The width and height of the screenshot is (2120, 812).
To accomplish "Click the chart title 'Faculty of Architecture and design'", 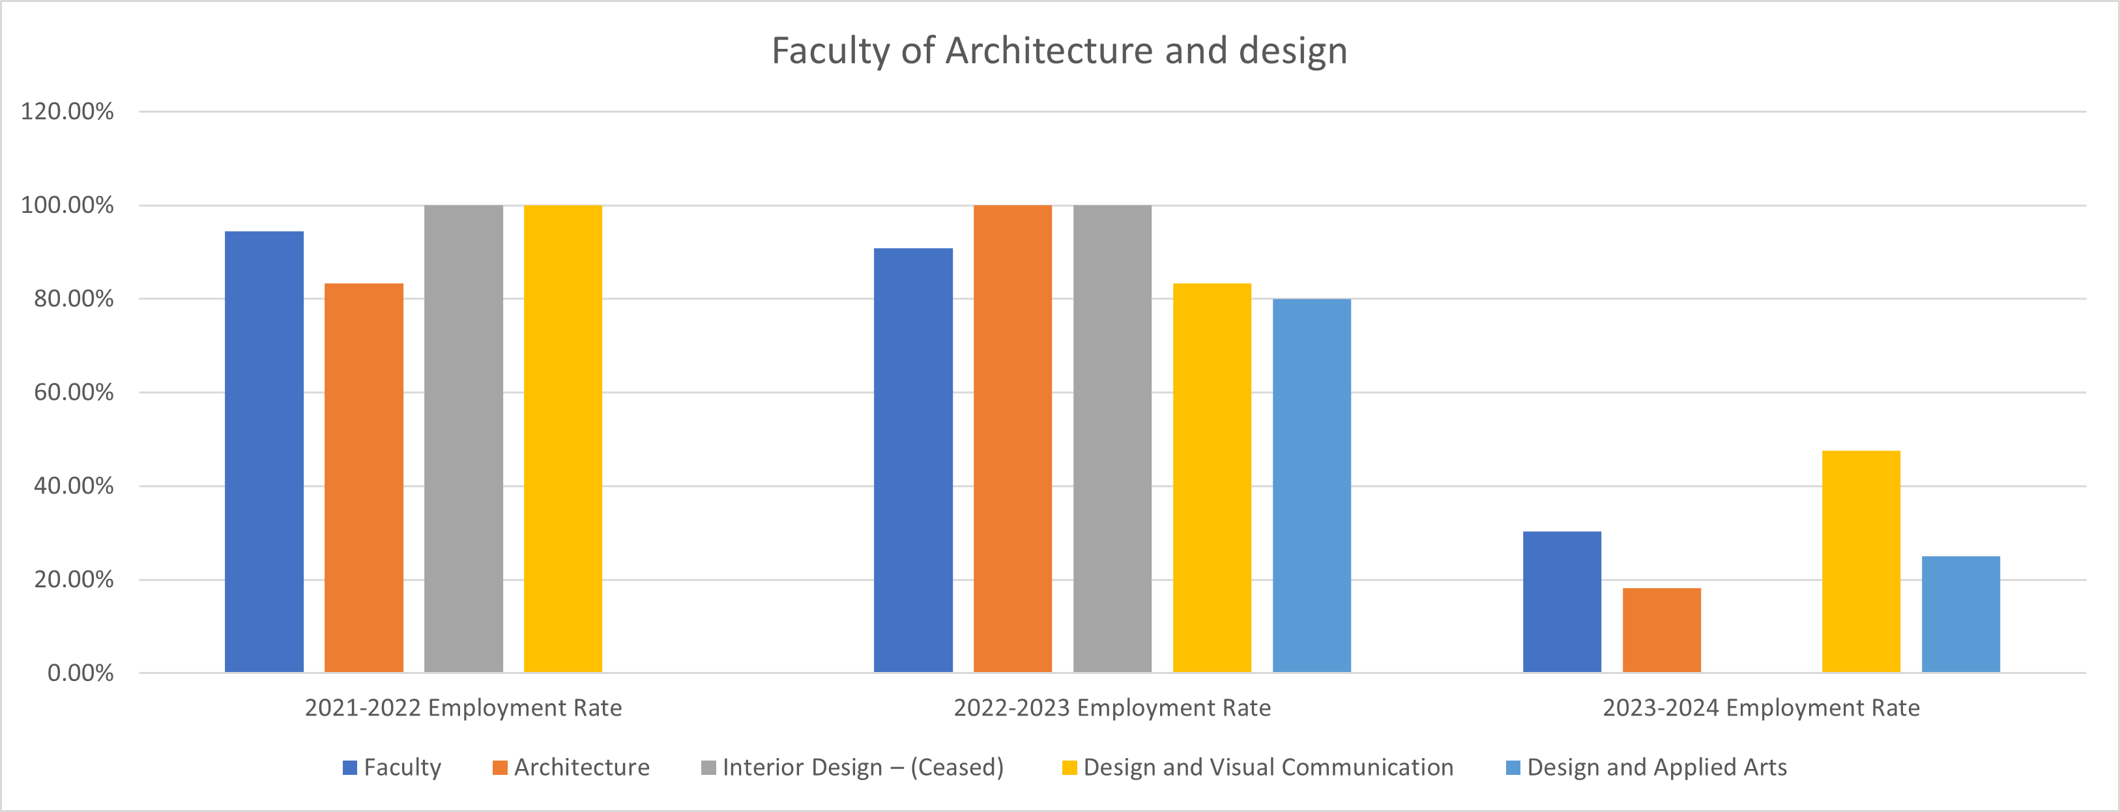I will [1059, 51].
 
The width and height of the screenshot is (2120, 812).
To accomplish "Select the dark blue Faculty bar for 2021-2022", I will [264, 452].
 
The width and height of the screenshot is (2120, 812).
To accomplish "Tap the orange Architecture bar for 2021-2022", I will [364, 478].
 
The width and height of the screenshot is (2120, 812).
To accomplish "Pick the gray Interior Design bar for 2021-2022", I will [463, 438].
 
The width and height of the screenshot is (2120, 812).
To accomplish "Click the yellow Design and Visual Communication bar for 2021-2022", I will [563, 438].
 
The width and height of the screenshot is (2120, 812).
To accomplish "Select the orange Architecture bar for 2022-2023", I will [1012, 438].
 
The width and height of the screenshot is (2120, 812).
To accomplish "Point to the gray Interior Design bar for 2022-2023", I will [1112, 438].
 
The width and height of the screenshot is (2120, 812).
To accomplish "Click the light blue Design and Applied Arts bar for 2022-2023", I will [1311, 485].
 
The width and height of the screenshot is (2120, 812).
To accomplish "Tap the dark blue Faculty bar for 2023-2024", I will [1562, 602].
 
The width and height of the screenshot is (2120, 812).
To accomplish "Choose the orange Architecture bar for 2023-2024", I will [1662, 630].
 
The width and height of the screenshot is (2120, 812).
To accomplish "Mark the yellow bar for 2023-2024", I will [1861, 561].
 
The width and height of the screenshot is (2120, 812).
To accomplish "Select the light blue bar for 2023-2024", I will [1960, 615].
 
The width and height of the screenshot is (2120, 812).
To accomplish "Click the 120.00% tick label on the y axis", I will [68, 111].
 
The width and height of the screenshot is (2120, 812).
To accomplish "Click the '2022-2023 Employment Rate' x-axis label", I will [1112, 708].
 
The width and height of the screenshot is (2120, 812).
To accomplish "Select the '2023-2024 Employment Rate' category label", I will [1760, 708].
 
